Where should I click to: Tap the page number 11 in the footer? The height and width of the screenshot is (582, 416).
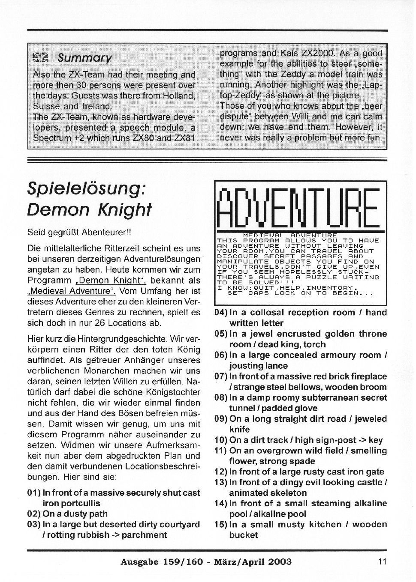point(383,561)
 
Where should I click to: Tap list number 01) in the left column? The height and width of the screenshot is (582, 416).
point(34,493)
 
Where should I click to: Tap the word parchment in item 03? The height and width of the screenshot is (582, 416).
point(145,535)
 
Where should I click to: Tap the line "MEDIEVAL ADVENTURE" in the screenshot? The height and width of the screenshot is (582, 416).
point(290,236)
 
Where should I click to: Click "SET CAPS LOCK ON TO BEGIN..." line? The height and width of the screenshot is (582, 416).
point(300,294)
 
